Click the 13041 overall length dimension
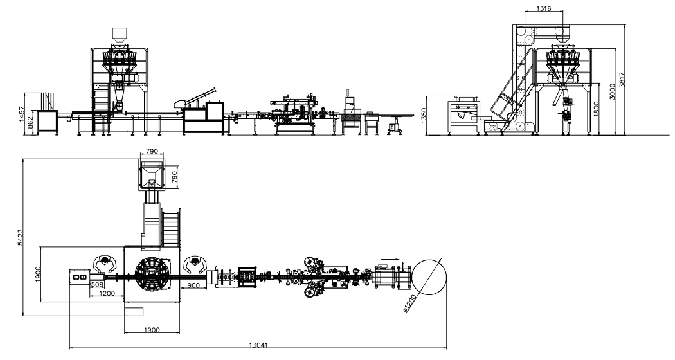click(258, 345)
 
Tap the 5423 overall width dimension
click(20, 237)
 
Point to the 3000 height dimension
click(613, 91)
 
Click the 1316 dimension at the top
click(544, 8)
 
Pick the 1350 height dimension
click(424, 116)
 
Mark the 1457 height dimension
click(22, 114)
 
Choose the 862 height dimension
click(30, 123)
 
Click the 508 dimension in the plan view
click(97, 284)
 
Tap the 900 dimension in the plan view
click(194, 285)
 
